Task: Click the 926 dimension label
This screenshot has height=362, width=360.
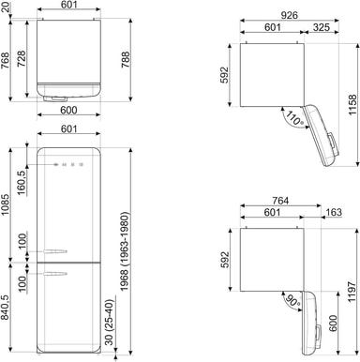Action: click(289, 15)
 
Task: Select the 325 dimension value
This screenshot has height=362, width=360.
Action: click(322, 27)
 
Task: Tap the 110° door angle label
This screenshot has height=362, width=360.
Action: click(294, 118)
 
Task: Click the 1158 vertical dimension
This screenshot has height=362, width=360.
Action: click(352, 105)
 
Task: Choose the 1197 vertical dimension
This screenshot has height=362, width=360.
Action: click(352, 292)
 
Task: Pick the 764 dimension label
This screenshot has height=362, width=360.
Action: click(280, 201)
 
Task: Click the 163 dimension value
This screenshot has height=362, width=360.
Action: click(334, 213)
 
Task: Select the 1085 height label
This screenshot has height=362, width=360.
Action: click(6, 205)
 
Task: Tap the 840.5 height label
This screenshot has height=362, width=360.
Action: click(6, 308)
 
